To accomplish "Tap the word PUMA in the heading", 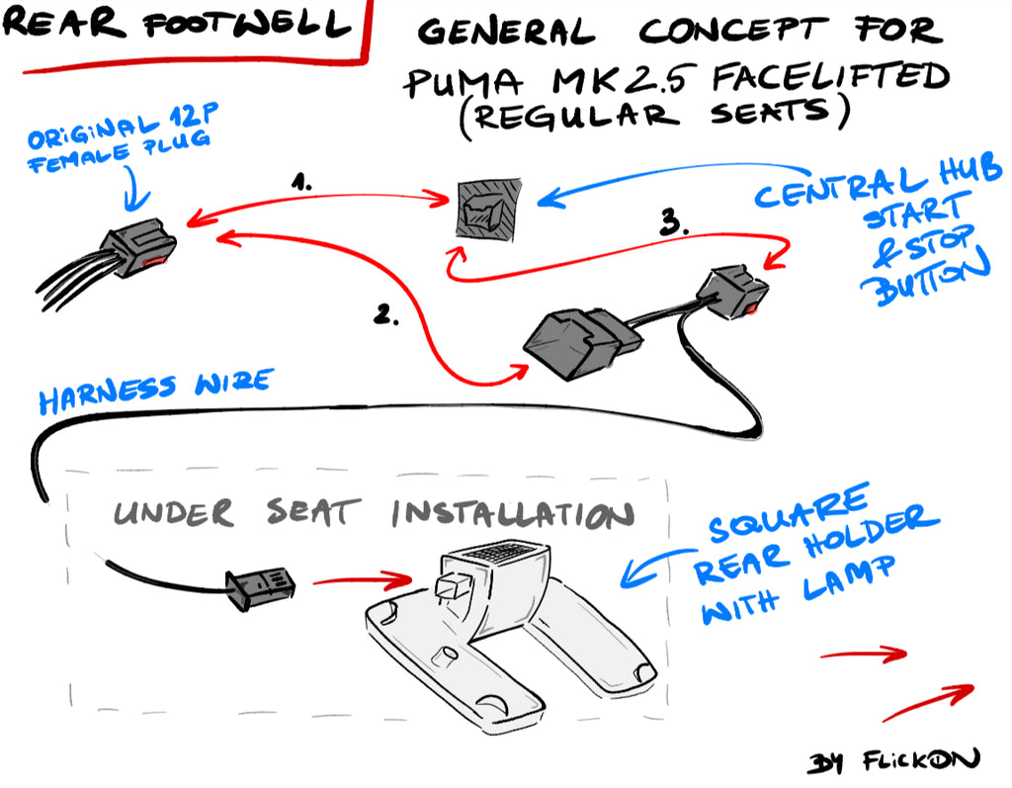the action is [463, 83].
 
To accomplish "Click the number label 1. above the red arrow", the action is [301, 181].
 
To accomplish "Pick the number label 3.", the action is [674, 221].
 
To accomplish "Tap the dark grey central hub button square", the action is [488, 210].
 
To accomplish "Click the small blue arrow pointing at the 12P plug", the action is [136, 189].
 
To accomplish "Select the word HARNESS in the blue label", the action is [107, 394].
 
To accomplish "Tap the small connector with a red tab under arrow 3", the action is [733, 292].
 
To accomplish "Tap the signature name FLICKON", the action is [921, 759].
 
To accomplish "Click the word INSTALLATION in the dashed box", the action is [513, 513].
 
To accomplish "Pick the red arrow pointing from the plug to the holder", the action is [363, 580].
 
